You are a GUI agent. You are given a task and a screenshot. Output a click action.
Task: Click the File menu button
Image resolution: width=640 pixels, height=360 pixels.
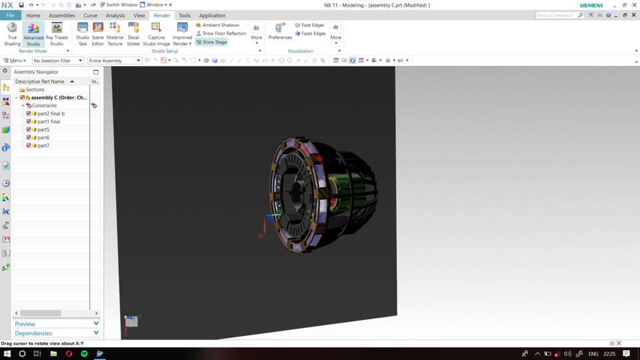(10, 15)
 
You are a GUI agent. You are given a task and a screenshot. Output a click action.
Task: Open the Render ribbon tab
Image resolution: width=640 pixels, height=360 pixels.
(162, 15)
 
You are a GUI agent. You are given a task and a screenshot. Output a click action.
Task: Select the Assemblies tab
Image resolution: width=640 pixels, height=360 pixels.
(62, 15)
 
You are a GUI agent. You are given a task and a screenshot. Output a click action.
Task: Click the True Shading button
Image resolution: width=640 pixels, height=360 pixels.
(12, 33)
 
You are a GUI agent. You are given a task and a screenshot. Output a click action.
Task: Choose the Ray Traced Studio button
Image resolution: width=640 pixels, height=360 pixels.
(57, 33)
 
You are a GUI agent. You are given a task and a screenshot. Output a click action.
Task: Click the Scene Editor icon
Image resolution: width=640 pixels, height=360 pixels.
(98, 33)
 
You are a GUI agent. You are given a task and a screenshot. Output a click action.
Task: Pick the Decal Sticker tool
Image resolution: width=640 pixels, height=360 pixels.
(133, 33)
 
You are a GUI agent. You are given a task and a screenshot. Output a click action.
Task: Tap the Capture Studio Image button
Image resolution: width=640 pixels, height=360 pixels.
(157, 33)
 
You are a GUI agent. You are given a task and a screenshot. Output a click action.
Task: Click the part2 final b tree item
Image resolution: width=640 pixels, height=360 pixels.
(51, 113)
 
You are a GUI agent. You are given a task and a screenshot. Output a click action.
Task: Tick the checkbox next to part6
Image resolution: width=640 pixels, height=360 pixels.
(29, 137)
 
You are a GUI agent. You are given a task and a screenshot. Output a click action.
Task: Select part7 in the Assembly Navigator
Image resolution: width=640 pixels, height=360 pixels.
(43, 145)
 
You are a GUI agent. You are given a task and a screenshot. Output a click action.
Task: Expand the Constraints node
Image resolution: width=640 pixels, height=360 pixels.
(23, 105)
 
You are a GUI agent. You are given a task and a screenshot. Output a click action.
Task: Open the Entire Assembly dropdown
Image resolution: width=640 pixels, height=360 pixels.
(115, 61)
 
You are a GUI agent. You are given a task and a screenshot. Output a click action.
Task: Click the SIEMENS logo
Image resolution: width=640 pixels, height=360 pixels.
(591, 5)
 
